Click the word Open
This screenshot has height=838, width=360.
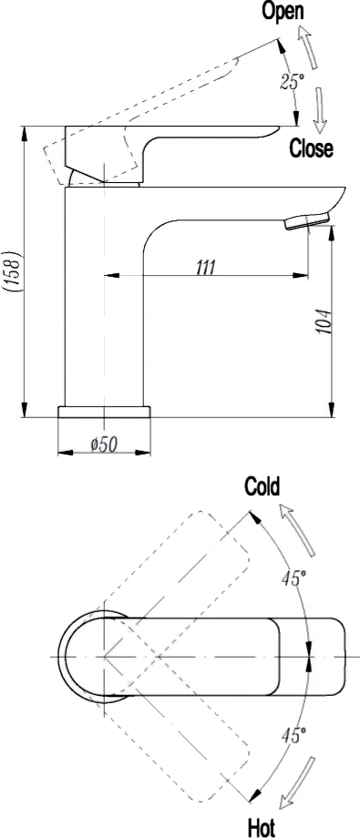(x=283, y=11)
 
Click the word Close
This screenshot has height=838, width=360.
(x=311, y=148)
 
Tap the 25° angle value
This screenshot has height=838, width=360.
(x=292, y=82)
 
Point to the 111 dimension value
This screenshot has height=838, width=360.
(x=206, y=266)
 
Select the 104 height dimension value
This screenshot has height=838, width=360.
(x=325, y=322)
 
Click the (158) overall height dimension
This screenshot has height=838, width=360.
(x=11, y=271)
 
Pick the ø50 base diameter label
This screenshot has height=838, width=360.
(x=105, y=444)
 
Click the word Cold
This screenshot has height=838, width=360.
(x=262, y=487)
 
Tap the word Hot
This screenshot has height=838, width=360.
(x=262, y=828)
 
